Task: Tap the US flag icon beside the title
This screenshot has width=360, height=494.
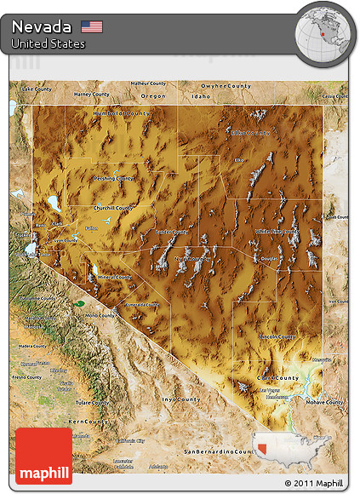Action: point(92,26)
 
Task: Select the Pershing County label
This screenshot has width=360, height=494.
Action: point(112,179)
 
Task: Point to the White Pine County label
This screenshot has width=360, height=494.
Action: point(277,231)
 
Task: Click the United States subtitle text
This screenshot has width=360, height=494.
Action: point(49,43)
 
